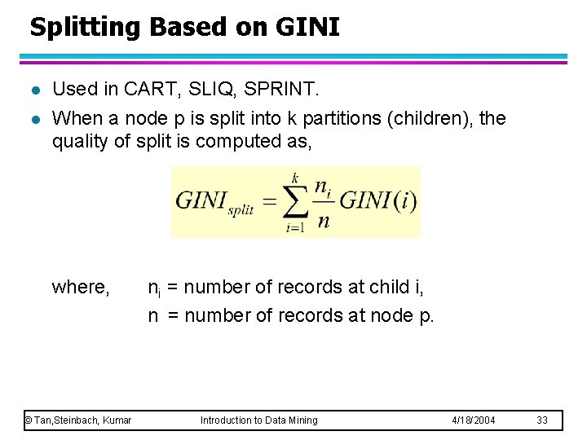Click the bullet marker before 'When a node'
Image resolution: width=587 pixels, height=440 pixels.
pos(33,119)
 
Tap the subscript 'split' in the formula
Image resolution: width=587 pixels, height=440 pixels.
pos(241,209)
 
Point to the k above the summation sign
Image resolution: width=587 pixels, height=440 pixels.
pos(294,177)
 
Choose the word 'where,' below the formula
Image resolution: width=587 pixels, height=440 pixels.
pos(81,287)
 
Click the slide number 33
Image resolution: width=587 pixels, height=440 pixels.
pos(543,420)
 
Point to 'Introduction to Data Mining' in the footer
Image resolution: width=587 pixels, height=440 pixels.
pos(258,420)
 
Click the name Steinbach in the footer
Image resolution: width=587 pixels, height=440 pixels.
pos(79,420)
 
